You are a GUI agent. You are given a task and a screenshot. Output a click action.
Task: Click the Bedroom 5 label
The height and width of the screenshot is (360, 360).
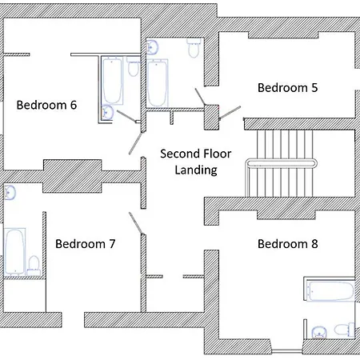(287, 88)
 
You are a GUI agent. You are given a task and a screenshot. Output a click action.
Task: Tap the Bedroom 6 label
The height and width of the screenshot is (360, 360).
(46, 105)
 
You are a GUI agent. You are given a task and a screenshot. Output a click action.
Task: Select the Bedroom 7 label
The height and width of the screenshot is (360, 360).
(85, 244)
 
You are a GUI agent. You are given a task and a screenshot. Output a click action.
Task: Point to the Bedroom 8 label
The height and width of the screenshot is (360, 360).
(287, 244)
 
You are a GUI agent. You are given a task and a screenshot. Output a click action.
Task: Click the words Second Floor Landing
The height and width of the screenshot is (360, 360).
(196, 162)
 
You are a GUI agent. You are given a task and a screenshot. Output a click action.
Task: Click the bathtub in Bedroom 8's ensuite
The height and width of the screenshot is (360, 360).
(330, 291)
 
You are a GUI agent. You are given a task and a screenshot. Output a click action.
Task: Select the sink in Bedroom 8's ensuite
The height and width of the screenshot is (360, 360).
(319, 332)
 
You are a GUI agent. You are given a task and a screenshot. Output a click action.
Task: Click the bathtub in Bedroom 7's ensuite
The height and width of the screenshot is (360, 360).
(14, 252)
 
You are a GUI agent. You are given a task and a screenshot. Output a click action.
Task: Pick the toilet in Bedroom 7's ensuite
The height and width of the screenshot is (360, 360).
(34, 266)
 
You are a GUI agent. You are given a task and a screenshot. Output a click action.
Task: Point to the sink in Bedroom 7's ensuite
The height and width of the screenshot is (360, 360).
(10, 193)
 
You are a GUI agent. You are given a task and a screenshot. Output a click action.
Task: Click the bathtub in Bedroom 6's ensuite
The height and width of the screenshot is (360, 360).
(112, 81)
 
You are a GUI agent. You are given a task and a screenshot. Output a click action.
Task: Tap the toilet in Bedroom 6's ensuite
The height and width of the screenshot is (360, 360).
(133, 67)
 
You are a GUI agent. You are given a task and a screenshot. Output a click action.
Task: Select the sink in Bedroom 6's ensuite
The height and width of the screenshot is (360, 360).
(107, 113)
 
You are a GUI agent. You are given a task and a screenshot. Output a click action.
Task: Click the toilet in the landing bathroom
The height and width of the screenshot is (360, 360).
(194, 48)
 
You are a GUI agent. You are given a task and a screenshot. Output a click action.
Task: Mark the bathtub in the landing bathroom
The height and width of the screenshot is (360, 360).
(158, 83)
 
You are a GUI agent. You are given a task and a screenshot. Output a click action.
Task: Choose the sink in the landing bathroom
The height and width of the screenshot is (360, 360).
(152, 47)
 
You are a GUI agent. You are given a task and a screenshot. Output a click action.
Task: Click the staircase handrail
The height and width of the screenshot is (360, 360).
(281, 163)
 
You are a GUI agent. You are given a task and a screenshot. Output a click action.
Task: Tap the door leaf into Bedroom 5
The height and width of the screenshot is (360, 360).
(230, 113)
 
